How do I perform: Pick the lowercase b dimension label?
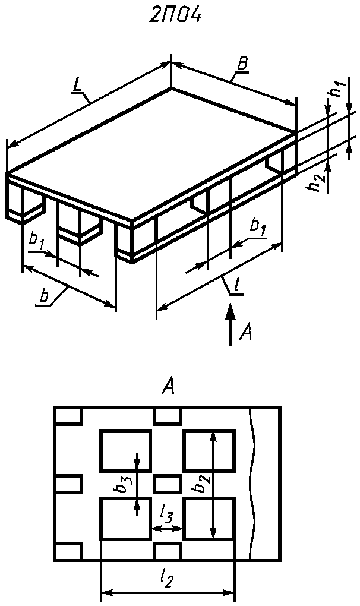pos(45,296)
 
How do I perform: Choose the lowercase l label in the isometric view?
pos(236,286)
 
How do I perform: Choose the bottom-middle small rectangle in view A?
pos(168,552)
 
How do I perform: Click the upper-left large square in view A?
pos(125,450)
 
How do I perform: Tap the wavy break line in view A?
pos(252,484)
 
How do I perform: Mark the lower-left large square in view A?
pos(125,519)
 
